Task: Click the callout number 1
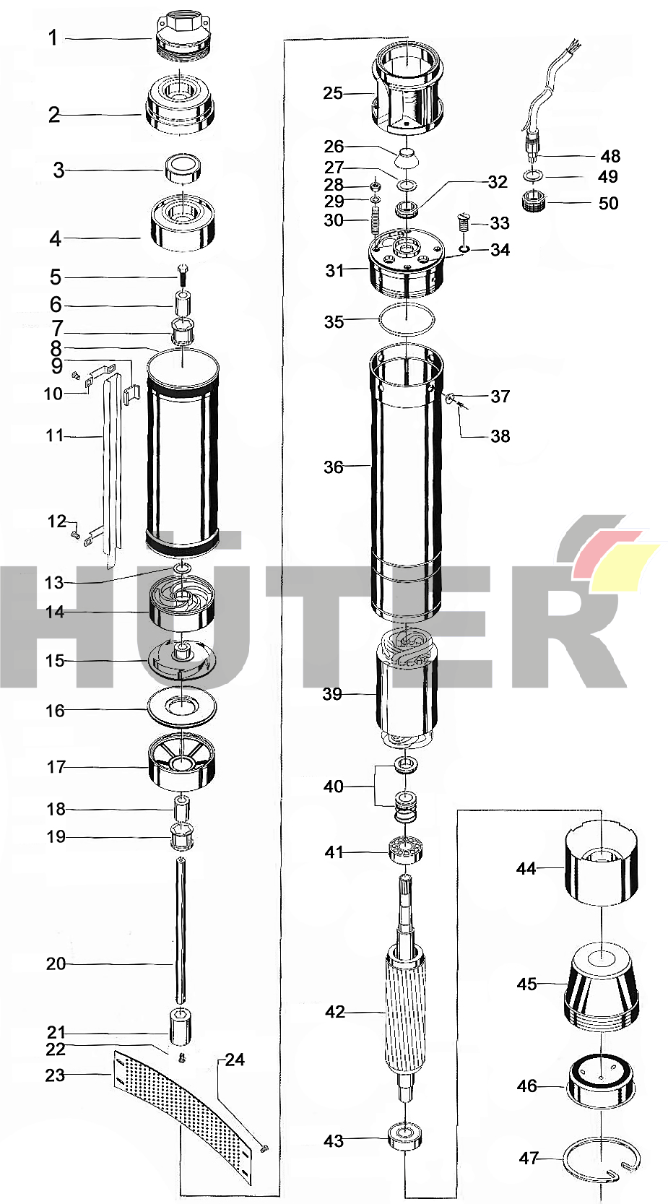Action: click(x=53, y=38)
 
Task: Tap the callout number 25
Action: click(x=333, y=93)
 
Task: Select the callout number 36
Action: click(x=333, y=467)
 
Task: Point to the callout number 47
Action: click(x=529, y=1158)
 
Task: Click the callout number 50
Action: click(x=608, y=203)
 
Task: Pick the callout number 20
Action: click(x=56, y=963)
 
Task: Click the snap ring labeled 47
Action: click(x=602, y=1163)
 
